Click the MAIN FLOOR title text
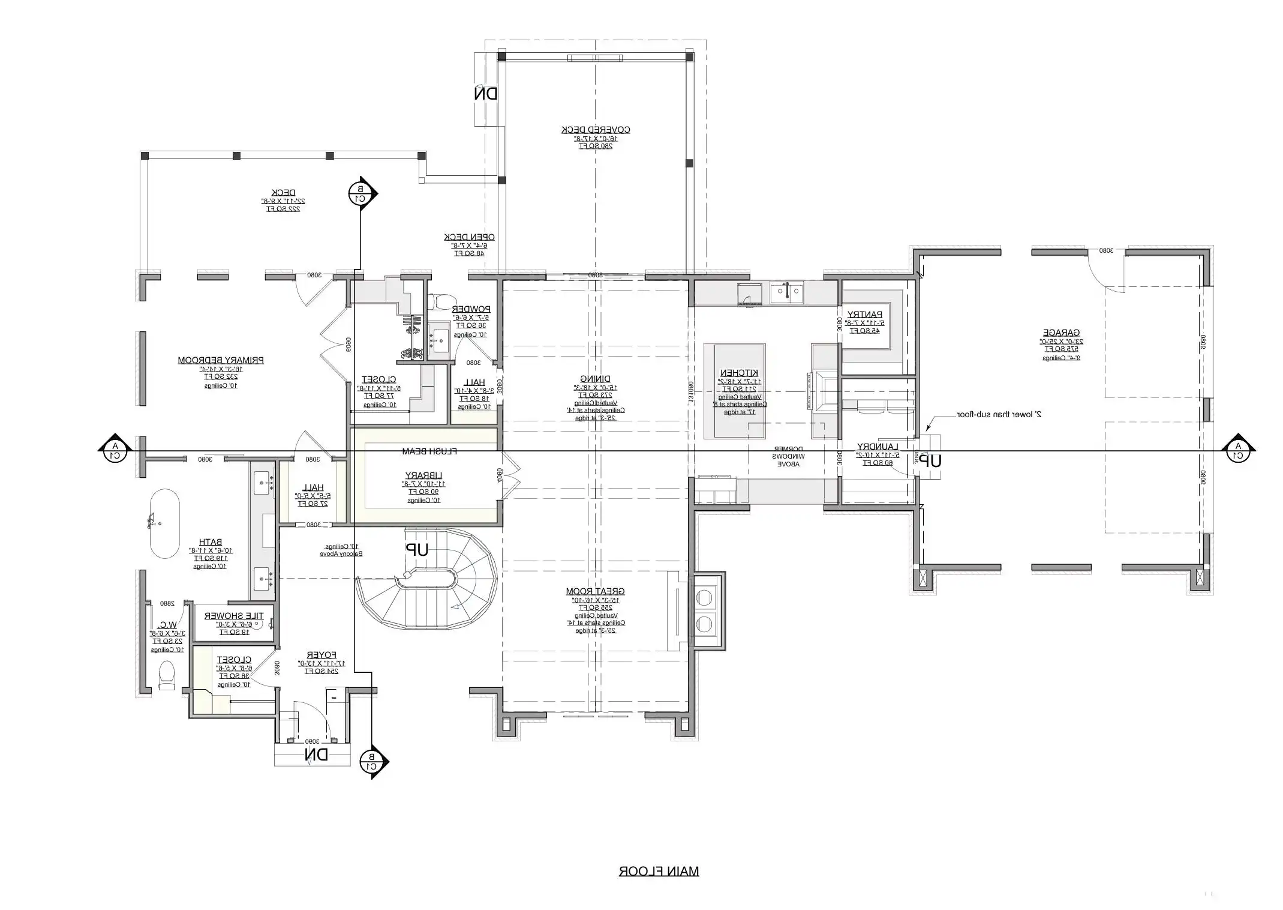click(659, 871)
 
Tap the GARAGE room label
click(1060, 333)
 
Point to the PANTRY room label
click(864, 315)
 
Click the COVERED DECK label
click(595, 130)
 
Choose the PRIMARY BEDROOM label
click(221, 360)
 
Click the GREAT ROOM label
click(595, 591)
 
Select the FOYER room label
click(321, 655)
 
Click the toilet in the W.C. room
click(166, 675)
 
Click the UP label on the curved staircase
click(417, 549)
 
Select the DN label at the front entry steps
click(316, 755)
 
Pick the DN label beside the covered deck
click(486, 94)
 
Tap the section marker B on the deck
click(360, 193)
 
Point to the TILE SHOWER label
click(234, 616)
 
